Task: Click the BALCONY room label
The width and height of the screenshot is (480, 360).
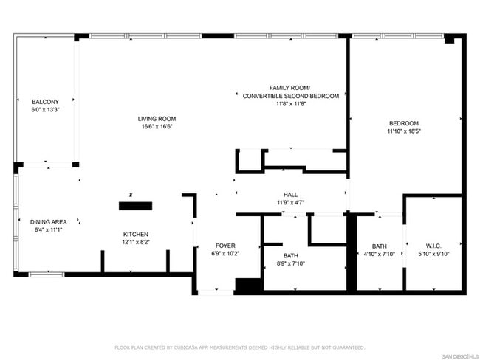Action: click(45, 102)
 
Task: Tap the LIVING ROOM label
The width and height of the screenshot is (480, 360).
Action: click(157, 119)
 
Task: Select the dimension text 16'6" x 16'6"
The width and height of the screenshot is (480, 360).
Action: click(157, 126)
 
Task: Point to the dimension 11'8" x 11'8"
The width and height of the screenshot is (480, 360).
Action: click(290, 104)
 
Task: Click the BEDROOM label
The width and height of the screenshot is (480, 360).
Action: click(404, 123)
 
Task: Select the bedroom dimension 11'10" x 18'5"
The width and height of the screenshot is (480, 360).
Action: click(404, 131)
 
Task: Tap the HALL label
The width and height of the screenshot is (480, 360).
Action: click(290, 194)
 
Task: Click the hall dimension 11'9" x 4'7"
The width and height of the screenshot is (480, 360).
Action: click(290, 202)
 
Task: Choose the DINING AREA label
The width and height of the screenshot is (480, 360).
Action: click(49, 222)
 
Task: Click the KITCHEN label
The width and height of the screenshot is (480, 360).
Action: click(136, 234)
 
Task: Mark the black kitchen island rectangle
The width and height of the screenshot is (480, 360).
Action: click(136, 206)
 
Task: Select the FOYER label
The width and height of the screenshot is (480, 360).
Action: click(225, 246)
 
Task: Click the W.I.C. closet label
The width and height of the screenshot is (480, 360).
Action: click(433, 246)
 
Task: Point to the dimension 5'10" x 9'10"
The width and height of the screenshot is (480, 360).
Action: click(433, 254)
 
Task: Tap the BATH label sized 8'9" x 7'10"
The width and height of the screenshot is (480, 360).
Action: click(290, 255)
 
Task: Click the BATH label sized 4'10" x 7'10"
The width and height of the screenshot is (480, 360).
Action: click(379, 246)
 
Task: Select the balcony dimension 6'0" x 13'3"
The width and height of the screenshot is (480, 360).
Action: click(45, 109)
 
